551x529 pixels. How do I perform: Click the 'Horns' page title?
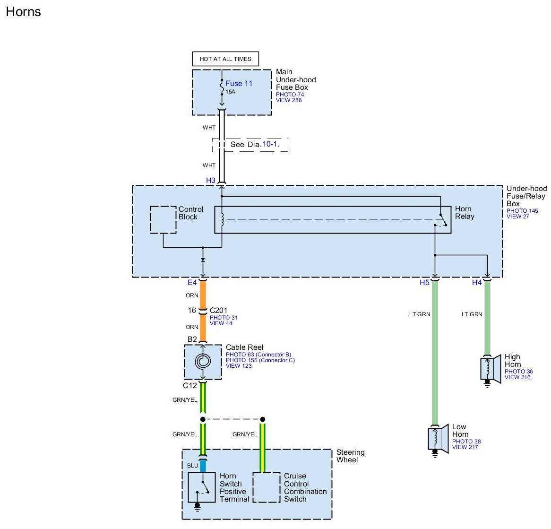coord(23,12)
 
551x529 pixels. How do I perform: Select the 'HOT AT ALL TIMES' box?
coord(225,59)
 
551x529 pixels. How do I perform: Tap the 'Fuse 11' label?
coord(239,83)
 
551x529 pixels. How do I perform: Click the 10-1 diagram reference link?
coord(271,144)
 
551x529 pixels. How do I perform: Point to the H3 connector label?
coord(210,180)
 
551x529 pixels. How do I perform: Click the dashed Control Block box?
coord(163,220)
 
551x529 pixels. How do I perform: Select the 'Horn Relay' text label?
coord(465,213)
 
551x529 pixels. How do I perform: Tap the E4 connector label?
coord(192,283)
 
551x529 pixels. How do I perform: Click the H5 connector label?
coord(424,283)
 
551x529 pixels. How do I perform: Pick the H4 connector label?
coord(477,283)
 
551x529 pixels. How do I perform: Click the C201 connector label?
coord(219,311)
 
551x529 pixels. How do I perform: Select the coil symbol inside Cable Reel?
coord(203,361)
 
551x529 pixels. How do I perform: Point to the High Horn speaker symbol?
coord(491,369)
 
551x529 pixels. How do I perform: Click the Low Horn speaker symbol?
coord(438,439)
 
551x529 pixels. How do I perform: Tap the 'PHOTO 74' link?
coord(290,95)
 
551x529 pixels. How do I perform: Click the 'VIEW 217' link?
coord(465,447)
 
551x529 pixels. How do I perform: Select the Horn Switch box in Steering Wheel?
coord(202,487)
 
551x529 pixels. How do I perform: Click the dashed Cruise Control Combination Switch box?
coord(267,487)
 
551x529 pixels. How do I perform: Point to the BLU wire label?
coord(193,465)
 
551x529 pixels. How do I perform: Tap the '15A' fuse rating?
coord(231,92)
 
